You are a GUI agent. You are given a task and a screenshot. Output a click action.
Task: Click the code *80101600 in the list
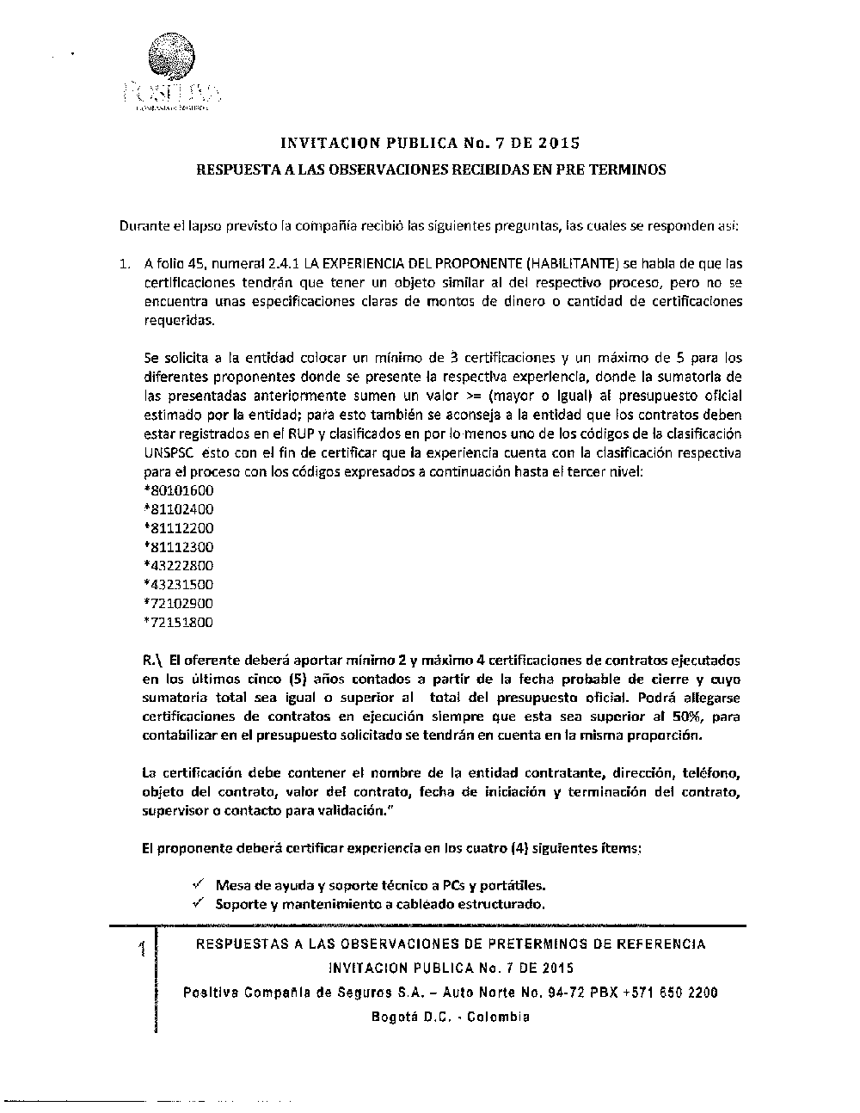(179, 490)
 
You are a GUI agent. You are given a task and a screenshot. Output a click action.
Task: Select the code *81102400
(179, 509)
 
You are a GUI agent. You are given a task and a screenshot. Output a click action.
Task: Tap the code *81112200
(179, 528)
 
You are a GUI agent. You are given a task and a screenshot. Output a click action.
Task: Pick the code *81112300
(179, 547)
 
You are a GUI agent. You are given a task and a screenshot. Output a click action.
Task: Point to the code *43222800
(179, 566)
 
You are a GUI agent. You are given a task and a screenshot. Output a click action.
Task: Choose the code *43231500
(179, 585)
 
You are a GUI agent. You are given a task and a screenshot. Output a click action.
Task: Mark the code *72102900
(179, 604)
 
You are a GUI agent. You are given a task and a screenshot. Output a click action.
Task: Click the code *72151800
(179, 623)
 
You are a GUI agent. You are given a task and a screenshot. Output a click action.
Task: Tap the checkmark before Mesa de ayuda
(198, 883)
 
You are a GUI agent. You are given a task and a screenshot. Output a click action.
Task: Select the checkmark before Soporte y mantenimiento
(198, 903)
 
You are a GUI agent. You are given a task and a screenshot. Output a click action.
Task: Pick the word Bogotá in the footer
(395, 1017)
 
